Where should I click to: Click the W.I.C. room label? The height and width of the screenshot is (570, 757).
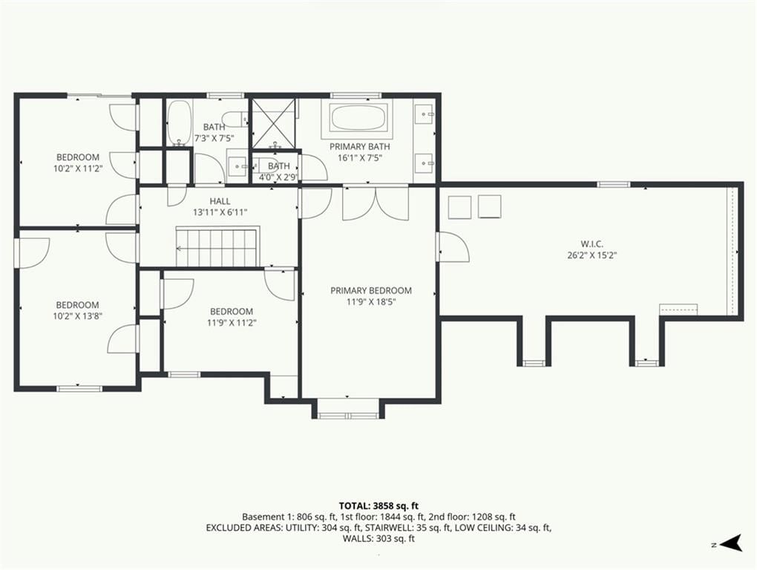(592, 244)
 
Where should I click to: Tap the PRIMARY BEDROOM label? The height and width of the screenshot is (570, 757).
(371, 290)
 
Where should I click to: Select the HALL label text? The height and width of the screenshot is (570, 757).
(220, 201)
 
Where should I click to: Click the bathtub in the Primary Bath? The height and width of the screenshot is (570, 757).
(358, 118)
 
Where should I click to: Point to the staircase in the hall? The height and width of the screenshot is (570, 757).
(217, 248)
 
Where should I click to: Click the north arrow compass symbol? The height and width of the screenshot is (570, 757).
(732, 543)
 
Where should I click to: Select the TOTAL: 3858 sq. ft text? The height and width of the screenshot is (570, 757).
(378, 506)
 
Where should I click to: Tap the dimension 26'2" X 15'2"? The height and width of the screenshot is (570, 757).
(592, 255)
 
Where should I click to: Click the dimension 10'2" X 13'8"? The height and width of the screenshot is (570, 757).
(78, 316)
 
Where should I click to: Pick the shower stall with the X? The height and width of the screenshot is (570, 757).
(274, 123)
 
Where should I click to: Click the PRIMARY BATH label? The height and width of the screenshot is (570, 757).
(360, 146)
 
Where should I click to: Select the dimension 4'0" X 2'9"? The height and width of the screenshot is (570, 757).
(278, 177)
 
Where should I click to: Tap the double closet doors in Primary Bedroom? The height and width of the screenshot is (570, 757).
(376, 203)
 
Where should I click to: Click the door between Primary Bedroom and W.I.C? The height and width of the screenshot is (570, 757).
(453, 246)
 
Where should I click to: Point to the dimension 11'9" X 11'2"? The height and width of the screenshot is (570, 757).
(232, 323)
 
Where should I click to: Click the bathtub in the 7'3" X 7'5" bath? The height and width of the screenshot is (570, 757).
(180, 123)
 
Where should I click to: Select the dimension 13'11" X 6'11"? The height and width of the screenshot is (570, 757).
(220, 212)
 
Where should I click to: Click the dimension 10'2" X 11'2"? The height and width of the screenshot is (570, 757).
(78, 168)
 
